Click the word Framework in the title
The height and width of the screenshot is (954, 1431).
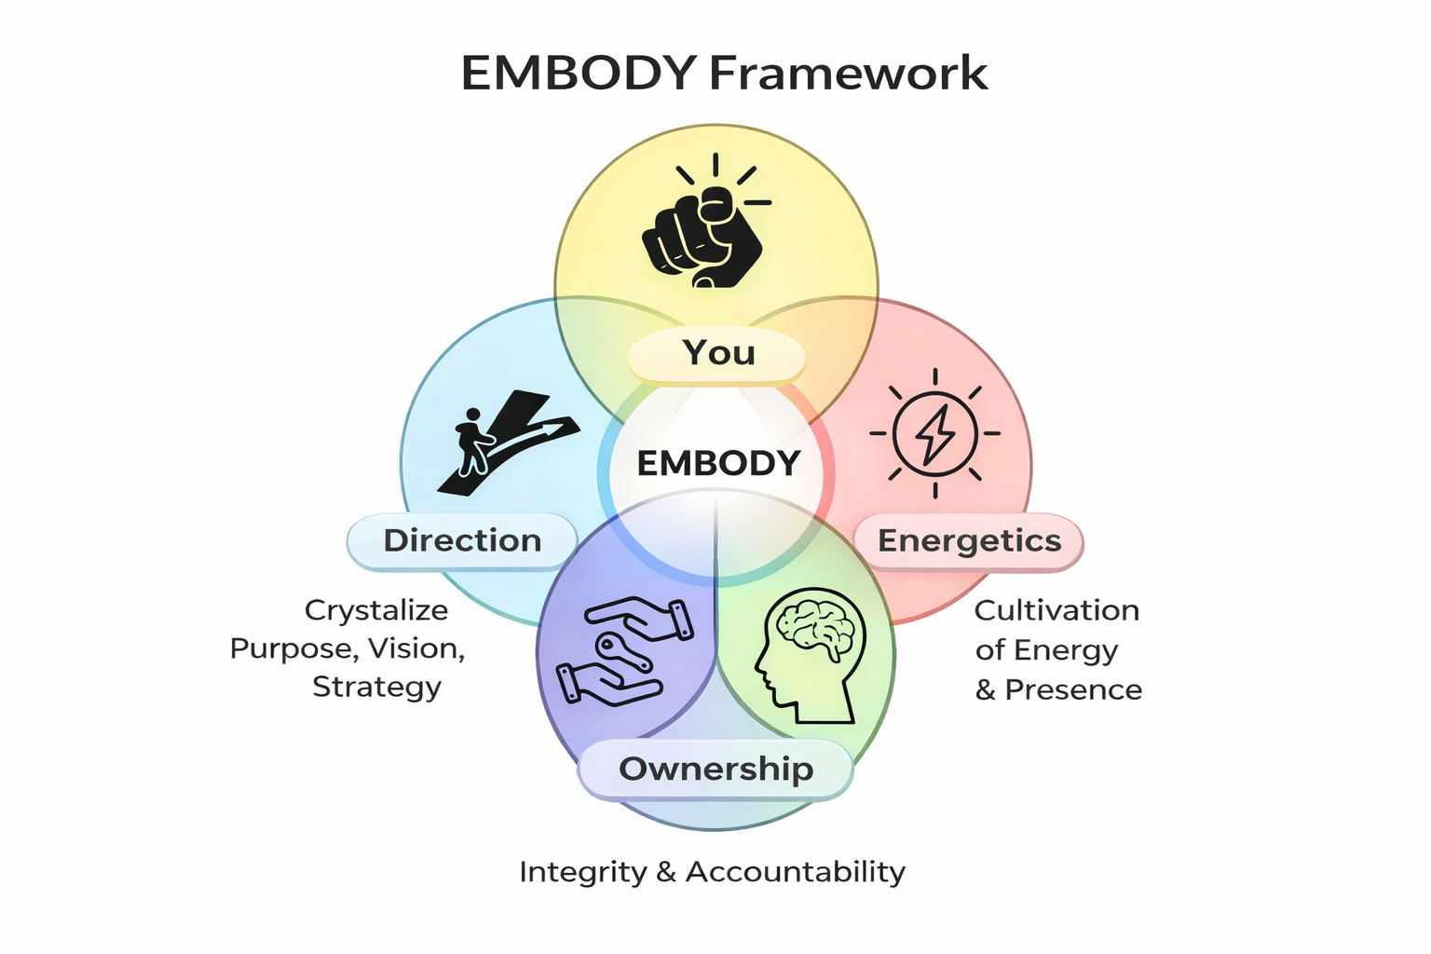pyautogui.click(x=848, y=73)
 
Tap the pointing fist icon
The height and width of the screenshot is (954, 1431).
pyautogui.click(x=703, y=231)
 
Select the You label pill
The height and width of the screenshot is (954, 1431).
pyautogui.click(x=717, y=353)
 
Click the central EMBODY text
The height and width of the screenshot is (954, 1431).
pyautogui.click(x=718, y=463)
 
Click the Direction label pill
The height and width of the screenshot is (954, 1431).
pyautogui.click(x=462, y=540)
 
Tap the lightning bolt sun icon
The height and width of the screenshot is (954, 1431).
pyautogui.click(x=934, y=433)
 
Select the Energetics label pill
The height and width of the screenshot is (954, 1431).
pyautogui.click(x=969, y=540)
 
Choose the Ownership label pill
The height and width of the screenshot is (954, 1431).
pyautogui.click(x=715, y=769)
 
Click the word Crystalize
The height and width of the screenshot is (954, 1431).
pyautogui.click(x=376, y=610)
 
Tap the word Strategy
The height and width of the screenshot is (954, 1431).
pyautogui.click(x=376, y=687)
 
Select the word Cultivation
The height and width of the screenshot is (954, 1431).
pyautogui.click(x=1056, y=610)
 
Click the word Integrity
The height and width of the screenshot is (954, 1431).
pyautogui.click(x=582, y=872)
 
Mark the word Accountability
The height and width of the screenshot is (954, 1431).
pyautogui.click(x=796, y=872)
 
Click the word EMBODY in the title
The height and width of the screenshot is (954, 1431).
pyautogui.click(x=579, y=73)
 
